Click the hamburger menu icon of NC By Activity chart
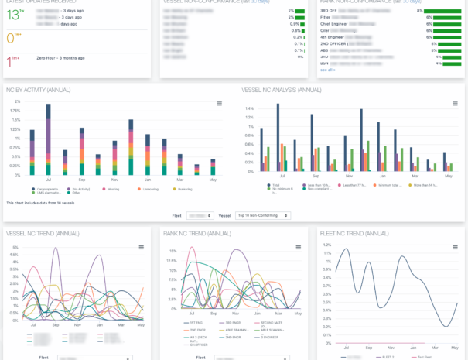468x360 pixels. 219,103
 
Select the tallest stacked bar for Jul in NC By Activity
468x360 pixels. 48,139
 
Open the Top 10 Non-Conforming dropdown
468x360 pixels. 262,216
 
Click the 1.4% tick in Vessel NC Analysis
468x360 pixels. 248,108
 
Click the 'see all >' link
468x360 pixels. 327,70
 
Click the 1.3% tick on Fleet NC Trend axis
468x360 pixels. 326,245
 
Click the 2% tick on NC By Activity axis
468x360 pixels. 16,101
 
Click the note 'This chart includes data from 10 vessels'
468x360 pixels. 39,202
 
